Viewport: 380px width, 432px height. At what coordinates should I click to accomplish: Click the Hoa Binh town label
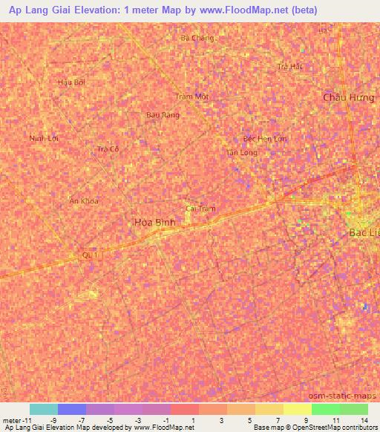pyautogui.click(x=154, y=222)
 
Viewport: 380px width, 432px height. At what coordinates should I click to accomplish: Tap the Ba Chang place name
pyautogui.click(x=197, y=38)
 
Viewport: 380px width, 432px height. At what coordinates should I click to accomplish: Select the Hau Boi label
pyautogui.click(x=71, y=82)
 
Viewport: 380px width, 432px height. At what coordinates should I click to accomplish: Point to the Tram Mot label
pyautogui.click(x=192, y=97)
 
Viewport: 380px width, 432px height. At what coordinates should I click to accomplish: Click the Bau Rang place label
pyautogui.click(x=163, y=115)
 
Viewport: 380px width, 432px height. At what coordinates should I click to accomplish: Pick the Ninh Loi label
pyautogui.click(x=43, y=138)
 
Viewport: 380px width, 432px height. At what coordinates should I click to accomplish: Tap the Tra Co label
pyautogui.click(x=108, y=149)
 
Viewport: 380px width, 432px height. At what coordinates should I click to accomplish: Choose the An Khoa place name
pyautogui.click(x=84, y=200)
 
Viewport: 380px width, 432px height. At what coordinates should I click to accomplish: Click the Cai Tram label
pyautogui.click(x=200, y=209)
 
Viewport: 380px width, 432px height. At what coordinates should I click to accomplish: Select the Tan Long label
pyautogui.click(x=242, y=152)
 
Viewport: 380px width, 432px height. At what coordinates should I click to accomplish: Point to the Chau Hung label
pyautogui.click(x=349, y=97)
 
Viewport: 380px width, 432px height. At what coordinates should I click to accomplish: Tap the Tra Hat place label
pyautogui.click(x=290, y=66)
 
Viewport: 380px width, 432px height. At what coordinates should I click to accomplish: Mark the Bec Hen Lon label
pyautogui.click(x=264, y=139)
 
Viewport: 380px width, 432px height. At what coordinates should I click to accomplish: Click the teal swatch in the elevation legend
pyautogui.click(x=44, y=409)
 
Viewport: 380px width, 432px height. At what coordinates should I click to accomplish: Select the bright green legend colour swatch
pyautogui.click(x=325, y=409)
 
